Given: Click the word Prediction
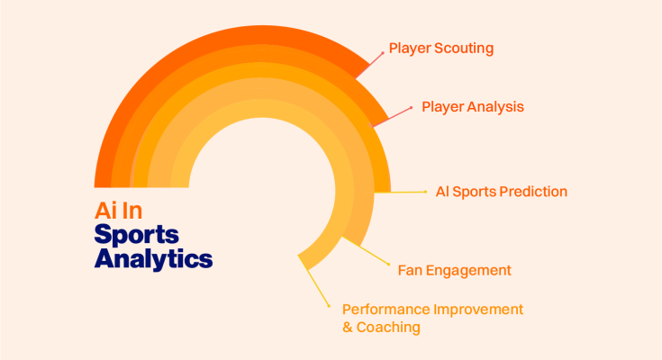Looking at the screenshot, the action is click(533, 192).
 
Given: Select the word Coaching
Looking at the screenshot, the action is click(388, 328).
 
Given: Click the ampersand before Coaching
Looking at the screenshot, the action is click(348, 328).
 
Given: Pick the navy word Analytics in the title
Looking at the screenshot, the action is click(153, 258).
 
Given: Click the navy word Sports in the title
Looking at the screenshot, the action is click(136, 235).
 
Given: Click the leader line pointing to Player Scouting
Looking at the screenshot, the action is click(369, 66).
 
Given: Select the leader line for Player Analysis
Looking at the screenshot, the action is click(391, 117).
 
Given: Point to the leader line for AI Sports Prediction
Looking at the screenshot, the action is click(400, 192).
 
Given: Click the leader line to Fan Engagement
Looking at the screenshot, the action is click(365, 251).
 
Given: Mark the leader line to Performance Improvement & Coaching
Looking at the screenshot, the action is click(313, 280).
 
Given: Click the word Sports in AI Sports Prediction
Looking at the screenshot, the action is click(475, 192).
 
